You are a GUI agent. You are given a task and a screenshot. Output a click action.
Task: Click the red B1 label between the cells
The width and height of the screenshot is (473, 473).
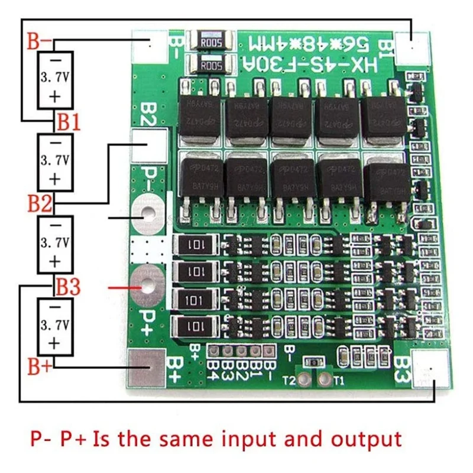(69, 123)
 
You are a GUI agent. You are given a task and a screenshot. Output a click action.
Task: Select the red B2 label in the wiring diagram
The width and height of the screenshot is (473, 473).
(41, 204)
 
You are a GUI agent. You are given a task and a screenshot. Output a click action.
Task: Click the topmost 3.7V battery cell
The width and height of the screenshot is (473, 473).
(55, 79)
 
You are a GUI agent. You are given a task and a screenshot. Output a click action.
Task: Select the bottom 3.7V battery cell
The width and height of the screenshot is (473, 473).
(55, 326)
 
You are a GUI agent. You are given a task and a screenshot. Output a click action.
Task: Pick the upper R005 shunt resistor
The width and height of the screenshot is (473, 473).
(210, 41)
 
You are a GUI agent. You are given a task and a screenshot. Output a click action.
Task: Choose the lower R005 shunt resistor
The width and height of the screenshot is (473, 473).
(210, 65)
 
